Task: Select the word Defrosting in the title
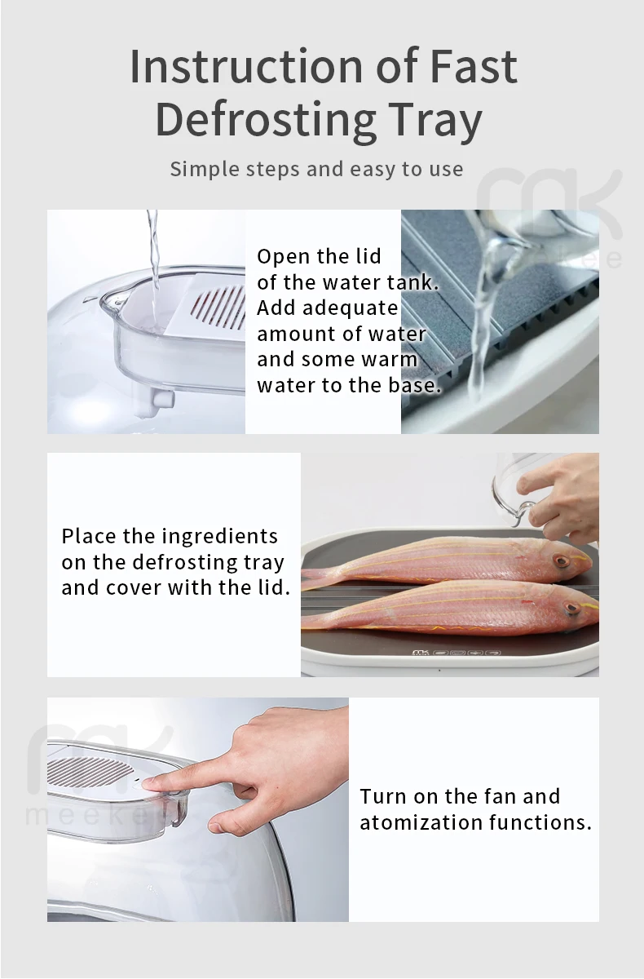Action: (x=265, y=119)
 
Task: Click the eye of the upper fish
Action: (x=560, y=562)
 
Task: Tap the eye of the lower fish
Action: (x=571, y=608)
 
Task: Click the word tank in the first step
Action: (x=417, y=283)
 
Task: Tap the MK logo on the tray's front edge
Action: (x=421, y=653)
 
